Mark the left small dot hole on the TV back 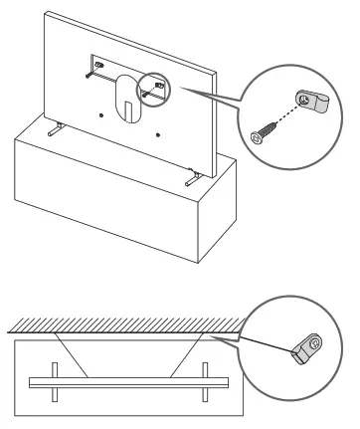pos(102,113)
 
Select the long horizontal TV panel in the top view pos(129,382)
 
